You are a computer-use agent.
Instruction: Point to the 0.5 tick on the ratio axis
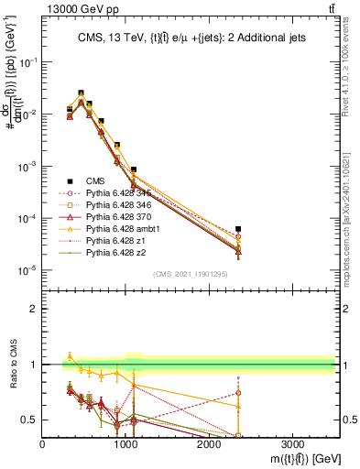pyautogui.click(x=33, y=420)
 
